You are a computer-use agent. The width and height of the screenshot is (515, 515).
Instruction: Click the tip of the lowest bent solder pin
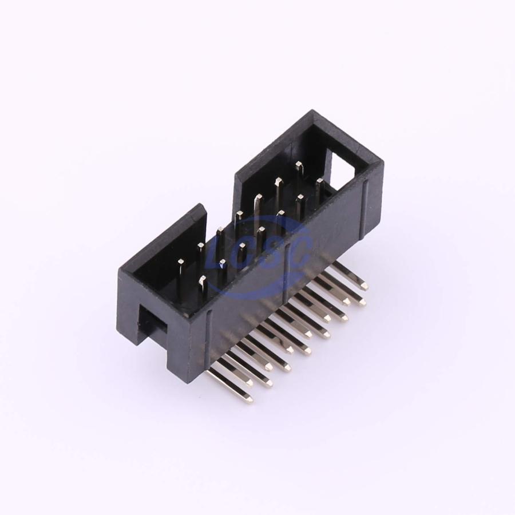click(249, 399)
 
